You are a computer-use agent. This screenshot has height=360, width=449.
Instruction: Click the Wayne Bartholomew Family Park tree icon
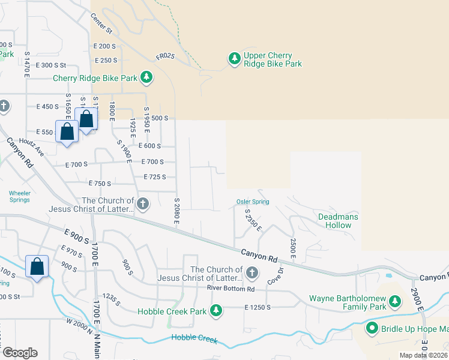(x=394, y=300)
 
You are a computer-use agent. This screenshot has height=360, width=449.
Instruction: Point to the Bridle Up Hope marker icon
(x=372, y=328)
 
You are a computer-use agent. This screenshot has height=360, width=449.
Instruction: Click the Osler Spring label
(x=252, y=202)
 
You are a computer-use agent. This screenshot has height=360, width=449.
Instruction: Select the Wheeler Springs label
(x=20, y=196)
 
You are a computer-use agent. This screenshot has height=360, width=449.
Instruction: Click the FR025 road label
(x=164, y=56)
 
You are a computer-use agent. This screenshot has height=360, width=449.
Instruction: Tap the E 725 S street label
(x=155, y=177)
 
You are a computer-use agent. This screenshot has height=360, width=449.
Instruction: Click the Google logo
(x=20, y=353)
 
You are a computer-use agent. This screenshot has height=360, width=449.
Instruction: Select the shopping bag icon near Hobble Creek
(x=37, y=266)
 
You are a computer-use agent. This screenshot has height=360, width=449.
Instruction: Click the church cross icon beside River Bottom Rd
(x=252, y=274)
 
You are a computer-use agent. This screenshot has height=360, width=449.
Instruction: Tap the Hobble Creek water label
(x=194, y=339)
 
